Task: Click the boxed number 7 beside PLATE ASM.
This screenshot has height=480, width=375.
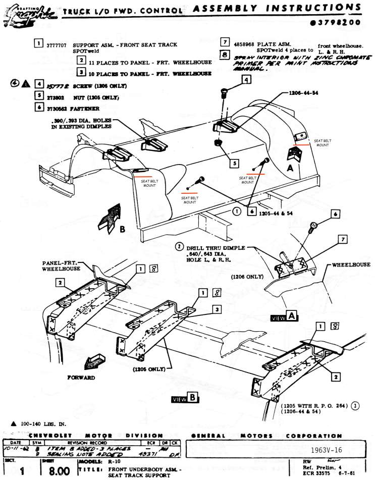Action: [225, 42]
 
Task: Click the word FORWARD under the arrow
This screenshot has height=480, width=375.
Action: [81, 377]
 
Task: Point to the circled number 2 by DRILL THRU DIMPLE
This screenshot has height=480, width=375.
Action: [179, 247]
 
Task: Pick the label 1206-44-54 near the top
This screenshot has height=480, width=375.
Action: [305, 93]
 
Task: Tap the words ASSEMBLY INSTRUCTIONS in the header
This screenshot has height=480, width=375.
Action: [277, 9]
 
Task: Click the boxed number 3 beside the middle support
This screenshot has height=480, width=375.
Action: [216, 308]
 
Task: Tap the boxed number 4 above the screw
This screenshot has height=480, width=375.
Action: [245, 80]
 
